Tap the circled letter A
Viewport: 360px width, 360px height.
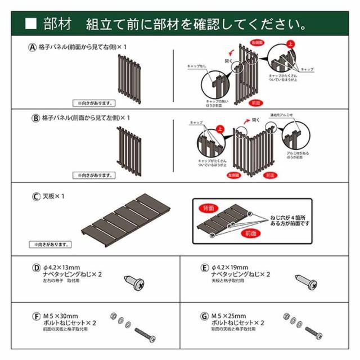click(x=33, y=48)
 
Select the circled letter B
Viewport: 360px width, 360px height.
click(x=35, y=118)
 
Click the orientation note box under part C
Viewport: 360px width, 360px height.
click(x=51, y=245)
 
